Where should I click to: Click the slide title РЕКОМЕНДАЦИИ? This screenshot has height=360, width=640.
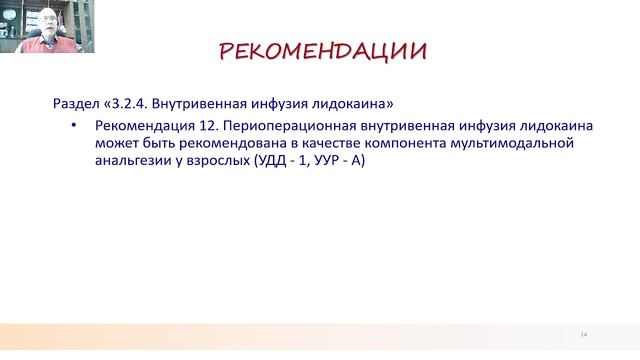323,51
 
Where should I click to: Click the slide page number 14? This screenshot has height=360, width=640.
584,333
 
